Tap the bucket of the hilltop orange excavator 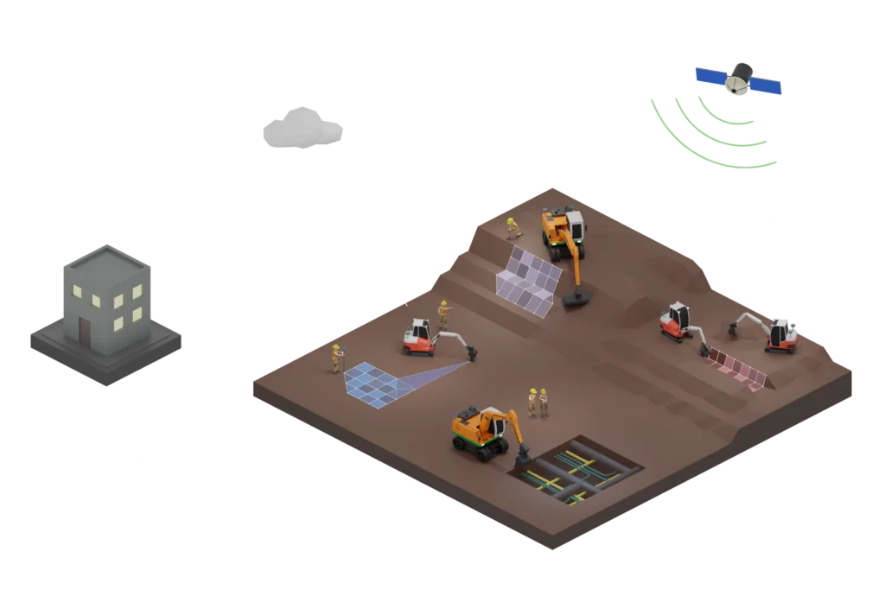(576, 299)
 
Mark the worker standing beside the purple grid (513, 227)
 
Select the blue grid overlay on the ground (372, 382)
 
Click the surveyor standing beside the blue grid (335, 358)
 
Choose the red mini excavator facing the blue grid (420, 337)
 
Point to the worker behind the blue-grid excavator (443, 312)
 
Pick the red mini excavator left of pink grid (677, 321)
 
